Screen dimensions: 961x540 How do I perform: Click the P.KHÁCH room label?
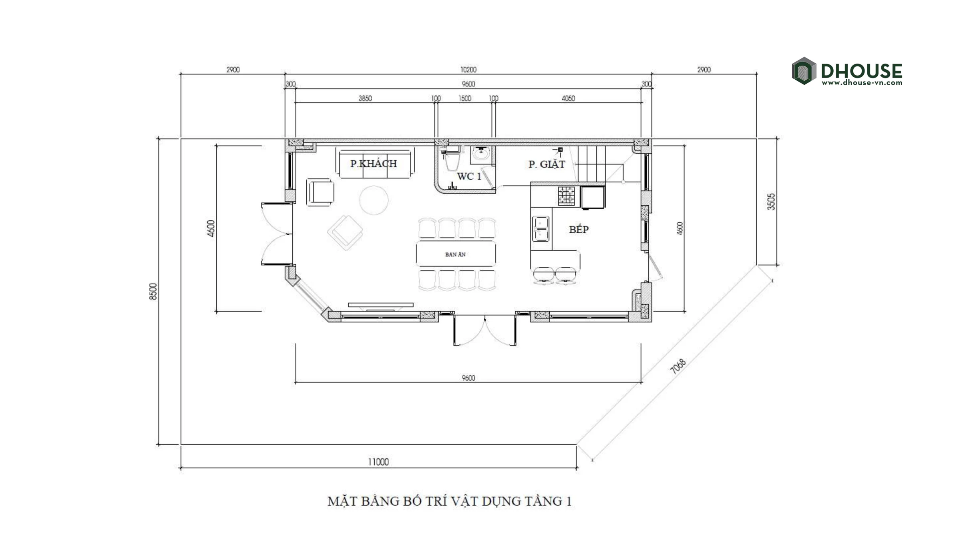374,164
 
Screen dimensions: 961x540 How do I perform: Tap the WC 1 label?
469,176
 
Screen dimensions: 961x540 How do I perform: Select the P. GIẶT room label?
547,164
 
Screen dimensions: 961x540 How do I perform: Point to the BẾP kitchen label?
579,229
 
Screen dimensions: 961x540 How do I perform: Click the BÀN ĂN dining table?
456,254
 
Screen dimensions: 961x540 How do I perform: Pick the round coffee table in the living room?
374,200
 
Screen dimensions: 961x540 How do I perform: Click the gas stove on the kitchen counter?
566,196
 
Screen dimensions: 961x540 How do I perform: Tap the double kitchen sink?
541,229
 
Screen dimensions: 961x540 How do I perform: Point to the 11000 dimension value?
378,462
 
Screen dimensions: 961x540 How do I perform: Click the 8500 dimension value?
153,291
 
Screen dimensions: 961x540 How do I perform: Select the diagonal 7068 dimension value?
678,367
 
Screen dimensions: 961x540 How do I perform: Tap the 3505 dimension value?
771,202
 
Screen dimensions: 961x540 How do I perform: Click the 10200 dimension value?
468,70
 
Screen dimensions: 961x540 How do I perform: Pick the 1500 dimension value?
465,98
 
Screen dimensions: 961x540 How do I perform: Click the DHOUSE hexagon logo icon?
804,71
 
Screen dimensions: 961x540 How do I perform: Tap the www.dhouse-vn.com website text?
862,83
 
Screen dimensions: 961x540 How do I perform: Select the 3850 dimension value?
365,98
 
